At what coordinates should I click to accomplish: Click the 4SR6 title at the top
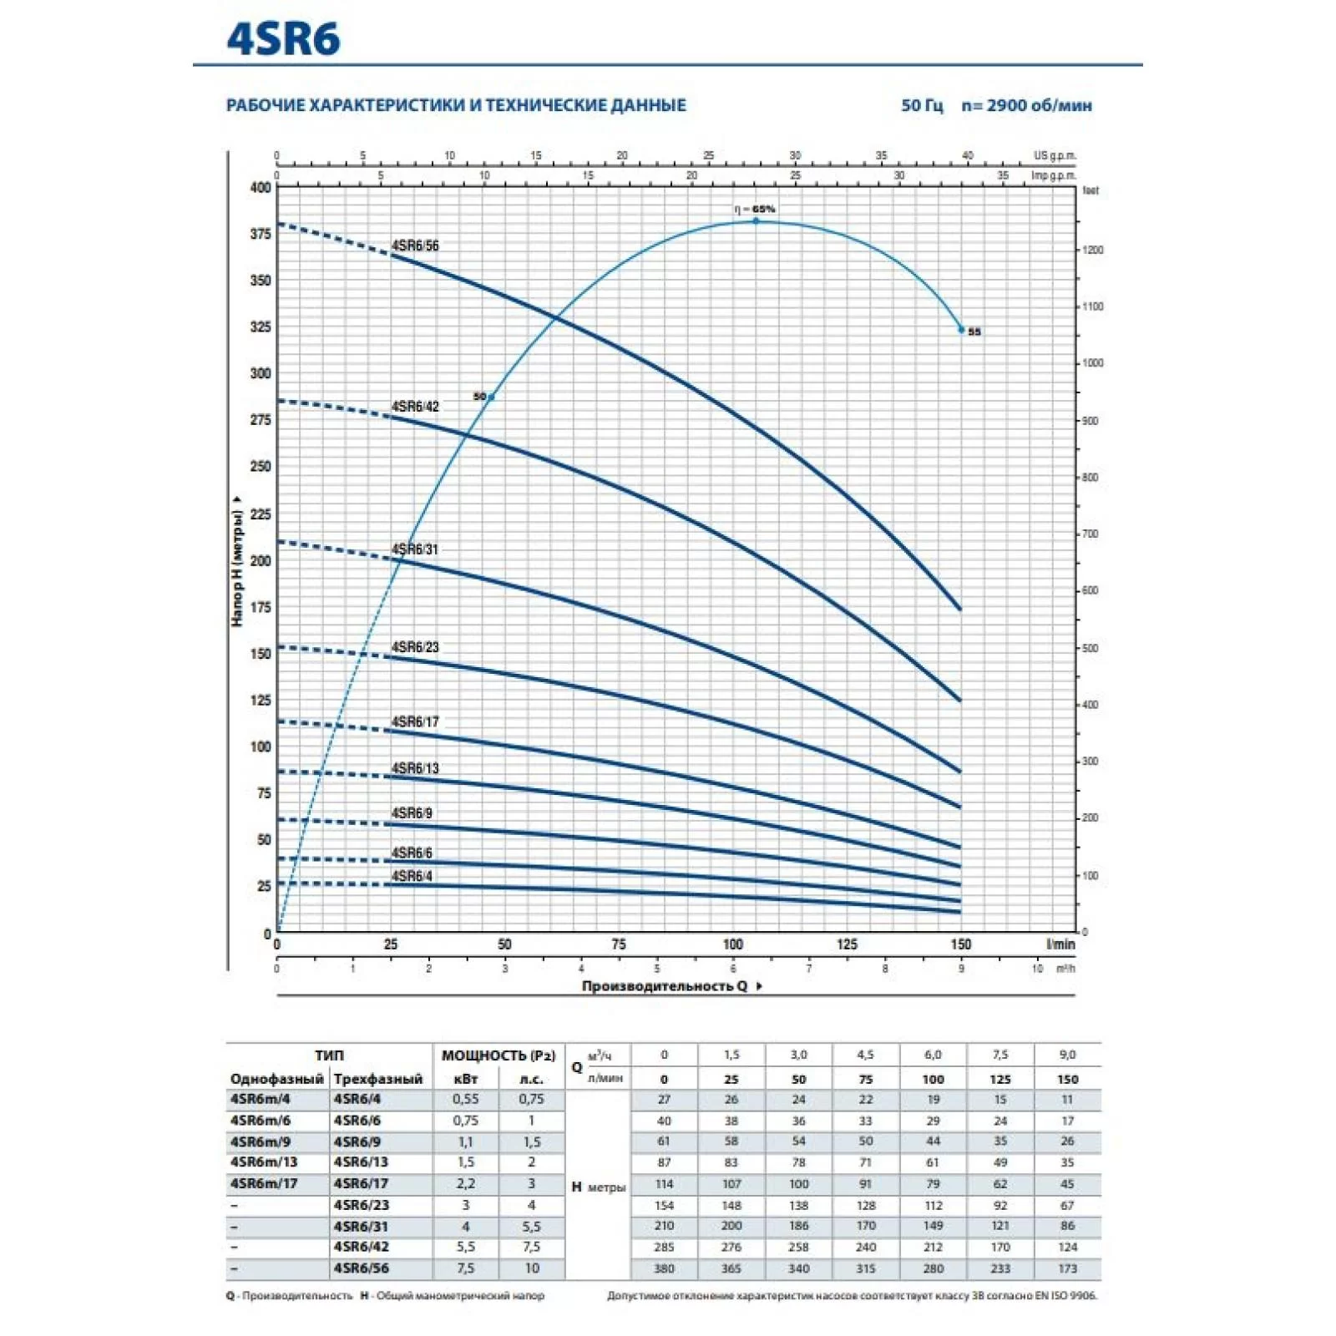[x=283, y=39]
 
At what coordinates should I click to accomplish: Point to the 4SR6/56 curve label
[x=415, y=245]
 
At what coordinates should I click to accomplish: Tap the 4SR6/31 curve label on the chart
[x=415, y=549]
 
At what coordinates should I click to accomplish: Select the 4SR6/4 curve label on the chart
[x=412, y=876]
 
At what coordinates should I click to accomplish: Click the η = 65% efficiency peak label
[x=755, y=209]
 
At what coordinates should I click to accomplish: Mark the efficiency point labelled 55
[x=962, y=330]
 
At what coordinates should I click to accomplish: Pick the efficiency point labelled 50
[x=491, y=397]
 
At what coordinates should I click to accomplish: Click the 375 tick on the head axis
[x=261, y=234]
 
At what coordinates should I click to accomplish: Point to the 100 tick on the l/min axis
[x=732, y=944]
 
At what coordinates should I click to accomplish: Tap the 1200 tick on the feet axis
[x=1092, y=250]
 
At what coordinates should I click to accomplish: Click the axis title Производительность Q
[x=665, y=986]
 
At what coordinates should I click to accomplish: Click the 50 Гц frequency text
[x=922, y=105]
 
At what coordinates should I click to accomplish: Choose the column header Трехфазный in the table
[x=378, y=1079]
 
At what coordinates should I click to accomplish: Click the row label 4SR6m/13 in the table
[x=264, y=1162]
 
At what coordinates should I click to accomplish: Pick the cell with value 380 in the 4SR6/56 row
[x=664, y=1268]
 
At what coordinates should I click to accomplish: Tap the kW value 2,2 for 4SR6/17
[x=465, y=1183]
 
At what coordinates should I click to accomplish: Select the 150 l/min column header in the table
[x=1067, y=1079]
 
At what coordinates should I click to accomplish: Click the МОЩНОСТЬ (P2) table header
[x=498, y=1055]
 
